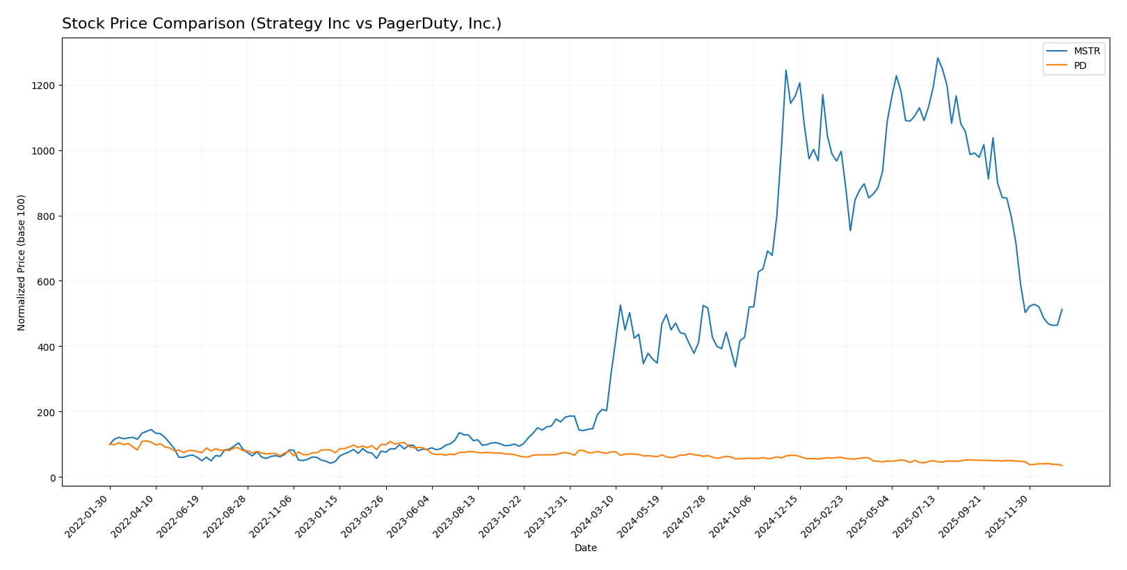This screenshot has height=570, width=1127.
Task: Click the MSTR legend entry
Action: [1086, 51]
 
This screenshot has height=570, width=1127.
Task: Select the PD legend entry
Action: [1080, 66]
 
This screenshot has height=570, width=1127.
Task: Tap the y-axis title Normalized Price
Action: [22, 262]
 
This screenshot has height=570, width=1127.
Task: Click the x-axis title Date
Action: [585, 548]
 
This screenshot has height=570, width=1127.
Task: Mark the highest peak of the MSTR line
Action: [937, 58]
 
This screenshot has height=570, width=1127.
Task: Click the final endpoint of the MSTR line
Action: [1062, 310]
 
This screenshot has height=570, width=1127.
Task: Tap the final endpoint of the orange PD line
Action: [1062, 466]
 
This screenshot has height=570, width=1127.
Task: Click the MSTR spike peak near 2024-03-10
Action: [620, 305]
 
